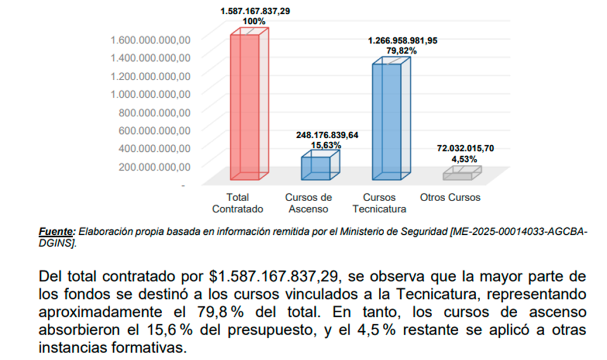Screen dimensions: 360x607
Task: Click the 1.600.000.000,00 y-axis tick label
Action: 151,39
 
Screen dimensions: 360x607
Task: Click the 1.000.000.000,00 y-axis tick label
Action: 151,94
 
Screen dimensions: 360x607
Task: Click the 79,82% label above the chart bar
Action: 402,50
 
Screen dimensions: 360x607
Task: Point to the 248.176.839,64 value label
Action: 327,135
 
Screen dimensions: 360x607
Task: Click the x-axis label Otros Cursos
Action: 449,197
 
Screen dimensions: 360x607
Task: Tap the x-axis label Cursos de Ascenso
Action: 308,203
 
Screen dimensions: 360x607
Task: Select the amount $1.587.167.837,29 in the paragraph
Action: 277,277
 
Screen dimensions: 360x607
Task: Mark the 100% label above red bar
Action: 254,21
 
